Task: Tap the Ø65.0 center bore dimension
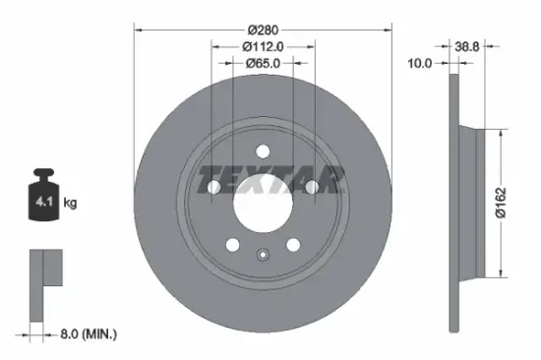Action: coord(262,63)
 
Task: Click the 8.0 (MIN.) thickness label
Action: coord(85,334)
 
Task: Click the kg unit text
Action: coord(70,204)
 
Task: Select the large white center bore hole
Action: coord(262,204)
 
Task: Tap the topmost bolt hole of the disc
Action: coord(262,150)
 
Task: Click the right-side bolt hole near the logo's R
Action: coord(312,186)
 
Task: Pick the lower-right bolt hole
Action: coord(292,246)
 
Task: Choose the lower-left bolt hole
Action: coord(231,246)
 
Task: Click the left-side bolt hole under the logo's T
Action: coord(212,186)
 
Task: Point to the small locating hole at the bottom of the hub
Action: coord(262,258)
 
